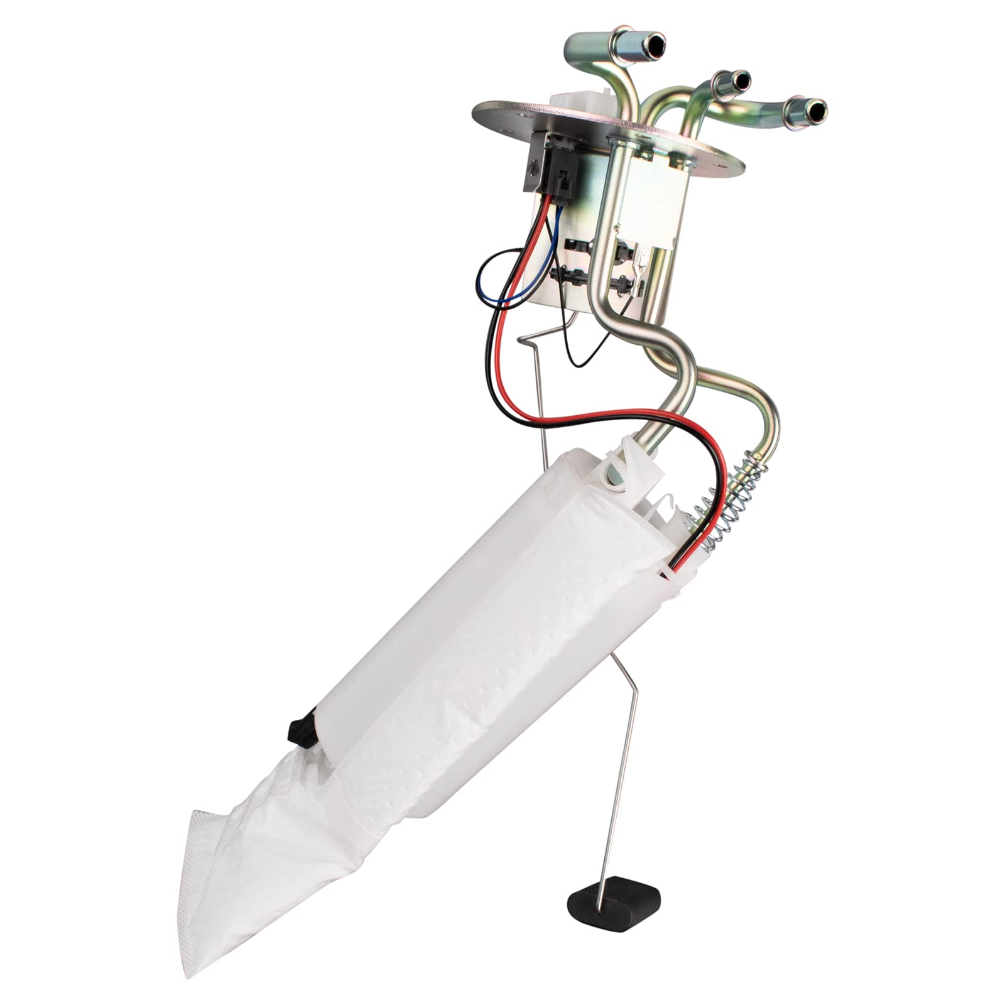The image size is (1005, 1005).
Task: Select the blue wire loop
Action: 496,276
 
